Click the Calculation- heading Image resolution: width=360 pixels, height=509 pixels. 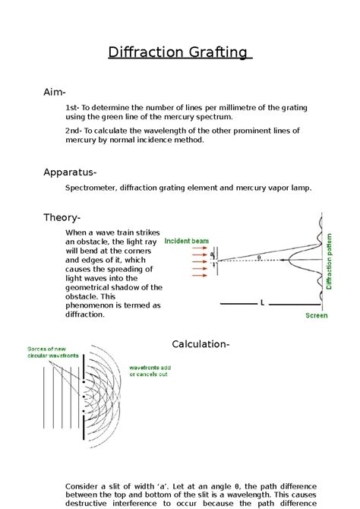click(x=201, y=344)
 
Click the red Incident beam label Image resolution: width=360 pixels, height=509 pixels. click(x=186, y=240)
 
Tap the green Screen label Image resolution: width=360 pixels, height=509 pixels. click(x=316, y=315)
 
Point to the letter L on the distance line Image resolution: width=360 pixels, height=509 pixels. click(x=262, y=302)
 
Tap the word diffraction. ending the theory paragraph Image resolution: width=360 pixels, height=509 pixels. click(x=86, y=313)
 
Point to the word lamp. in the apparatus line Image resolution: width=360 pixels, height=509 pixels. click(x=299, y=188)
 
